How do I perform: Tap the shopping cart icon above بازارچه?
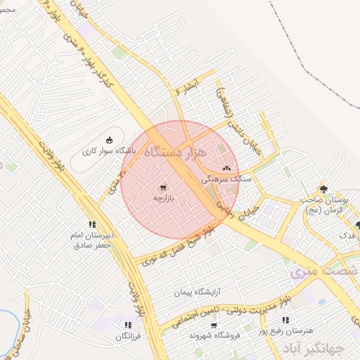[164, 187]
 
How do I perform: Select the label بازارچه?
[164, 198]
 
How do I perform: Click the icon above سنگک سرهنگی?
[226, 169]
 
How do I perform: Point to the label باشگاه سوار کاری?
[103, 150]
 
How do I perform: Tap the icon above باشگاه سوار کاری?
[108, 139]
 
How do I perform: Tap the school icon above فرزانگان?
[127, 325]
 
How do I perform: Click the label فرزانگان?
[129, 337]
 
